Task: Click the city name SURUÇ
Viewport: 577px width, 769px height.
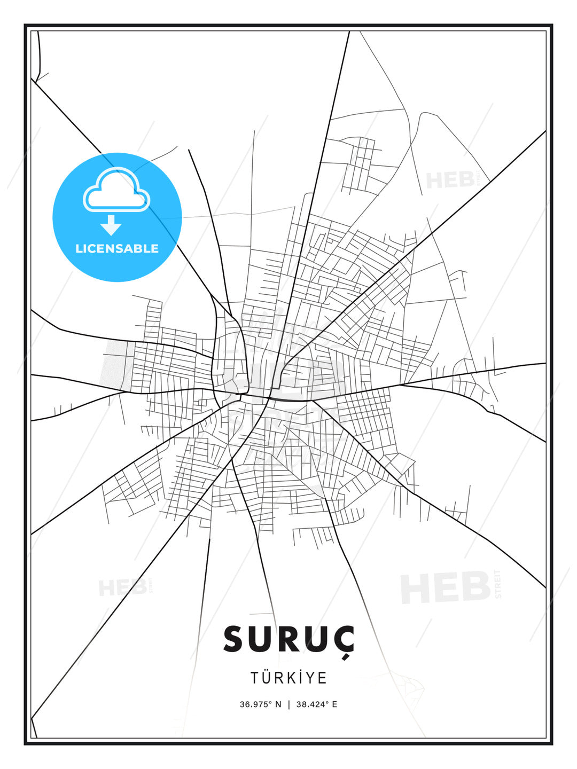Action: pyautogui.click(x=288, y=639)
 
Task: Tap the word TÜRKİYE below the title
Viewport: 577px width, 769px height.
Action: pyautogui.click(x=288, y=678)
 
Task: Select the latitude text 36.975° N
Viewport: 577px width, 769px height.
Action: pyautogui.click(x=260, y=704)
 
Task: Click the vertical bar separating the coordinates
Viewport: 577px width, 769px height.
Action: pyautogui.click(x=289, y=704)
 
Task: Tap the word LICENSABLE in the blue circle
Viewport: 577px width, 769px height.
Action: pyautogui.click(x=117, y=248)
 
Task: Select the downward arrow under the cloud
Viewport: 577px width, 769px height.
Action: pyautogui.click(x=111, y=224)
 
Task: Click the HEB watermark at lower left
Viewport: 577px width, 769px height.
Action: pyautogui.click(x=122, y=588)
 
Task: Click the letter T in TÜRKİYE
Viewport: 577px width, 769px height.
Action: pyautogui.click(x=255, y=678)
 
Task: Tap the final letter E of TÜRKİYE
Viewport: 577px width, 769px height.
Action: pyautogui.click(x=322, y=678)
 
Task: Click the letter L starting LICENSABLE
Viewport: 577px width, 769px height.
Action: pyautogui.click(x=79, y=248)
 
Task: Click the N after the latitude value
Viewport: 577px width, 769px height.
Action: pyautogui.click(x=278, y=704)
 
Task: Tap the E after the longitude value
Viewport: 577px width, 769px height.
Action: pyautogui.click(x=334, y=704)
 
